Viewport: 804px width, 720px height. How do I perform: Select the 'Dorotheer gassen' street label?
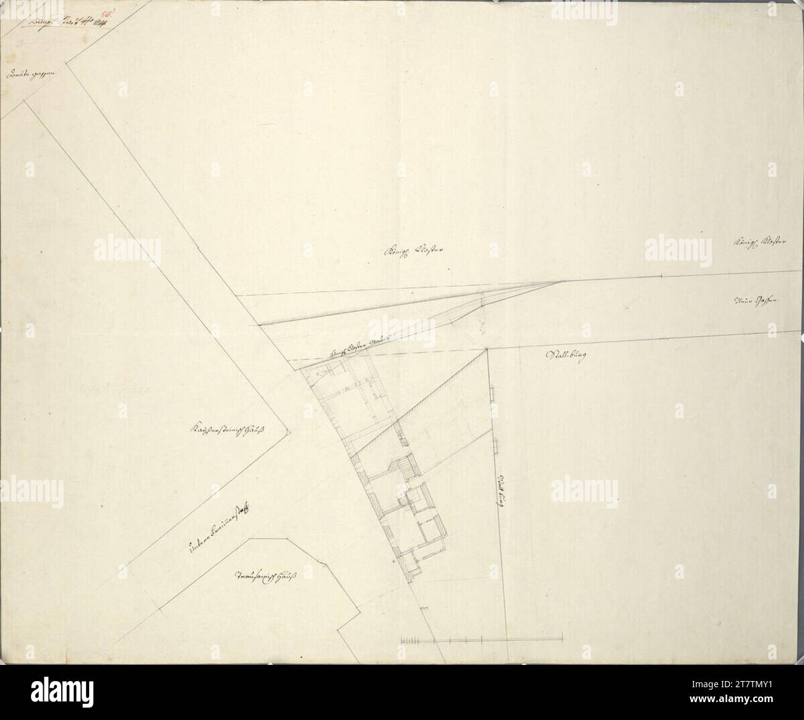30,74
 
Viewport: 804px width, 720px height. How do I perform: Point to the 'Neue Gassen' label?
756,301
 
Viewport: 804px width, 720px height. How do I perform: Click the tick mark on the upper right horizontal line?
662,276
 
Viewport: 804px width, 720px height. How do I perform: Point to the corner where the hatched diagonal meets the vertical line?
487,349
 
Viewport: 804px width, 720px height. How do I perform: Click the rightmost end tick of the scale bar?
562,638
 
